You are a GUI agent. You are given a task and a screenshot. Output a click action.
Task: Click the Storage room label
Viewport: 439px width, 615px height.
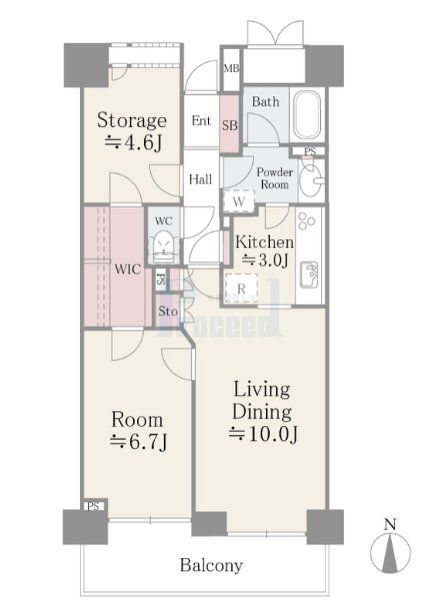point(132,120)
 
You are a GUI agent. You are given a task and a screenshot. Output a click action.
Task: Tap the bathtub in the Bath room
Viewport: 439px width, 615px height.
point(307,115)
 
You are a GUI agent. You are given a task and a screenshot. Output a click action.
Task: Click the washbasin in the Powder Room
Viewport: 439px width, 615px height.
point(311,180)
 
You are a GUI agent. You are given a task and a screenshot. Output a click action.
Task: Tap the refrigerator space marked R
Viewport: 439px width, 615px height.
point(241,289)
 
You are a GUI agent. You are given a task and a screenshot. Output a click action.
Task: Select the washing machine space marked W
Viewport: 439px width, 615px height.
point(239,202)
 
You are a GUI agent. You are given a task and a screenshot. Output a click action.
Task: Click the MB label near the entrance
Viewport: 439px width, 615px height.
point(231,68)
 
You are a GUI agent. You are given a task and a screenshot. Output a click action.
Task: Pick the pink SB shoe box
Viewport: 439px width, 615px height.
point(230,124)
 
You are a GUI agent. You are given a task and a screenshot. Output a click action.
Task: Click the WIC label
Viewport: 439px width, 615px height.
point(128,269)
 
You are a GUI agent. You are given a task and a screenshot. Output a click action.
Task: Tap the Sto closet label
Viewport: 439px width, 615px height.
point(168,312)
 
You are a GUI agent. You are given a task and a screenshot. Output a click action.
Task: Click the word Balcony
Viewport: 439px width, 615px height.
point(211,565)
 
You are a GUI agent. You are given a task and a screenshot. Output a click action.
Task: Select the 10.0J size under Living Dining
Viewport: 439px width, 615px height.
point(264,434)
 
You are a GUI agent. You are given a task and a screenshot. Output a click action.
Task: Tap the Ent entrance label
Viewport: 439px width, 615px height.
point(201,120)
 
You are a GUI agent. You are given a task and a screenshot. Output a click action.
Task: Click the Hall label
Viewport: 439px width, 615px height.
point(200,179)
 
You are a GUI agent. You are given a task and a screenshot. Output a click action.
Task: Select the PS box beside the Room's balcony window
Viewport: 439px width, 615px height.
point(94,506)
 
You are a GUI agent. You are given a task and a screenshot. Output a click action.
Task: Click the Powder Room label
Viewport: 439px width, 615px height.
point(275,178)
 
